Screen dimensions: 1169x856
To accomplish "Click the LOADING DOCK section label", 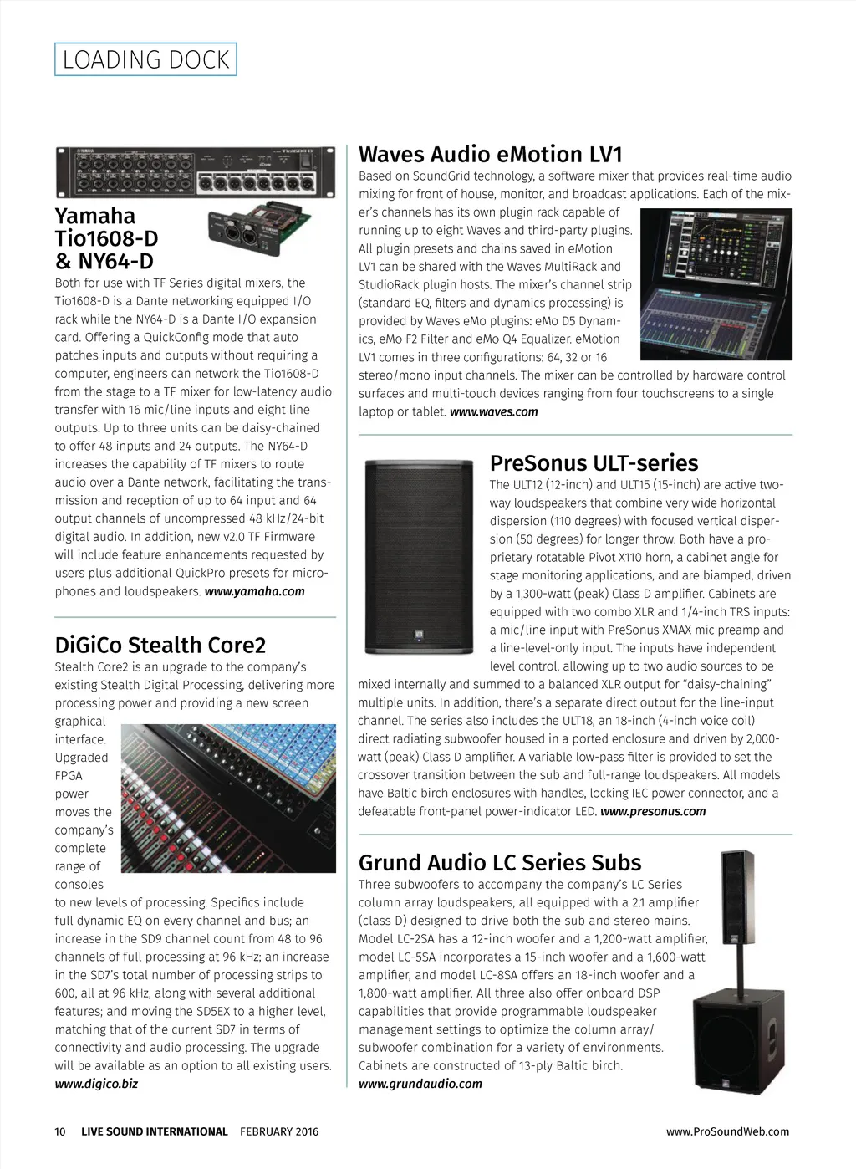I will (145, 59).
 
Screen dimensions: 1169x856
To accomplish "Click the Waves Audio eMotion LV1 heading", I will (491, 155).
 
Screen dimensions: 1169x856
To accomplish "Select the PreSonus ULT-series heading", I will (594, 463).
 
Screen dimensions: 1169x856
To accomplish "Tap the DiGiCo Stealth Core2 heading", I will (160, 646).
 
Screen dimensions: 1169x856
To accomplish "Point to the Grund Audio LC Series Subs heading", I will (500, 863).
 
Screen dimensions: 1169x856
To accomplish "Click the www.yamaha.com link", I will (254, 591).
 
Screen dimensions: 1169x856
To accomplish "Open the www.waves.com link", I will (493, 411).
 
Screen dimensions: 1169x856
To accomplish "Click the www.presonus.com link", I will (653, 811).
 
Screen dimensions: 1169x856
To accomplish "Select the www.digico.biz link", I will (96, 1084).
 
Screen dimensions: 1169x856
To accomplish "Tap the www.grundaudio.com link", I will (420, 1084).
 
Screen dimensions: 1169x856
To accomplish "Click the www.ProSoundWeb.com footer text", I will (727, 1131).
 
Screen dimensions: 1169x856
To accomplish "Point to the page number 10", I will (60, 1131).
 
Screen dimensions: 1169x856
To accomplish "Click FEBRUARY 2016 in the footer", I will (279, 1131).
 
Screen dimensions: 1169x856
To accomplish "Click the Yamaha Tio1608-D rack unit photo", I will (195, 171).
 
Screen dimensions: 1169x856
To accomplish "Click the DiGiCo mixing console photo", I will (228, 798).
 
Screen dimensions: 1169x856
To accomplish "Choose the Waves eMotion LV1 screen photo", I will (716, 284).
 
